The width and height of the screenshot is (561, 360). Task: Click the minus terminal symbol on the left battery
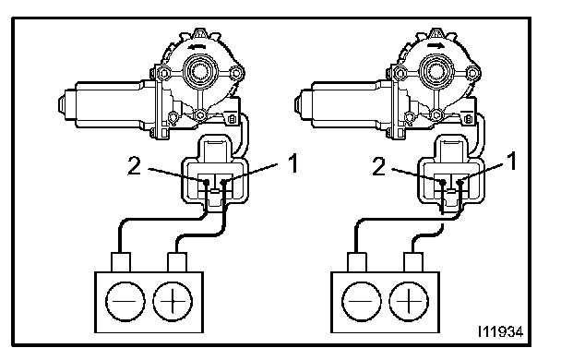coord(125,301)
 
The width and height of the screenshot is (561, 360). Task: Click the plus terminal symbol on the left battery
coord(173,301)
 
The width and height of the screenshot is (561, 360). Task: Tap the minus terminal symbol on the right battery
coord(362,301)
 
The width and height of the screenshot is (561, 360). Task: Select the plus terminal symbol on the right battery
coord(409,301)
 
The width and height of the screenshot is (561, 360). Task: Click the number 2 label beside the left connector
coord(135,166)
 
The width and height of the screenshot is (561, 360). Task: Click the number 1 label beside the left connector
coord(293,164)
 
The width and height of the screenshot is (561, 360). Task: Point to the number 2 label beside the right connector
coord(379,166)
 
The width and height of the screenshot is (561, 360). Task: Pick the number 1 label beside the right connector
coord(513,161)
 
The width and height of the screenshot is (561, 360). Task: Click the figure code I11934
coord(500,331)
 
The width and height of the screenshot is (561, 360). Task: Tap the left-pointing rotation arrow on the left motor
coord(197,46)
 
